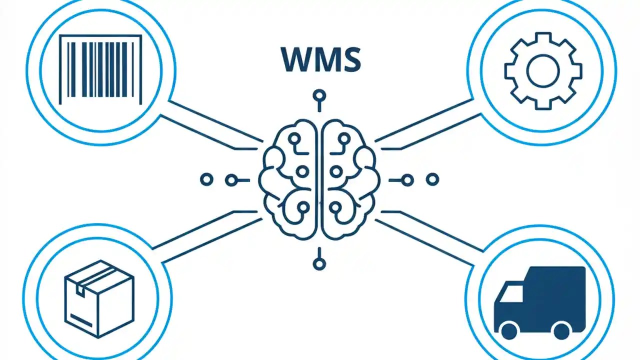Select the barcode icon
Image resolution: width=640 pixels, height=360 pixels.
click(100, 69)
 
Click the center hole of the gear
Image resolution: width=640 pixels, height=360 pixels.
click(542, 71)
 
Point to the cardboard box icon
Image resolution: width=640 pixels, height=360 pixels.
click(99, 299)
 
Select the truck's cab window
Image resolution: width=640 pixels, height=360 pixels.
click(511, 293)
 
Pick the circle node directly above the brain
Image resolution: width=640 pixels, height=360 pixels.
click(319, 95)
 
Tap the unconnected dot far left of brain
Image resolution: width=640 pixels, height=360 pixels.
click(206, 179)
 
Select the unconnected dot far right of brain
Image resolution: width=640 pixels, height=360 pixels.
click(432, 179)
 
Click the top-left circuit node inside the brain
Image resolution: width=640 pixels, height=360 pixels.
click(294, 139)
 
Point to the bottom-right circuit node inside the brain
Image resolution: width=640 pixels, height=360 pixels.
click(335, 207)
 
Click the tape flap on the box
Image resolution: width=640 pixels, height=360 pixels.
click(80, 291)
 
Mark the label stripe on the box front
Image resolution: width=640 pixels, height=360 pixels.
click(81, 320)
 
